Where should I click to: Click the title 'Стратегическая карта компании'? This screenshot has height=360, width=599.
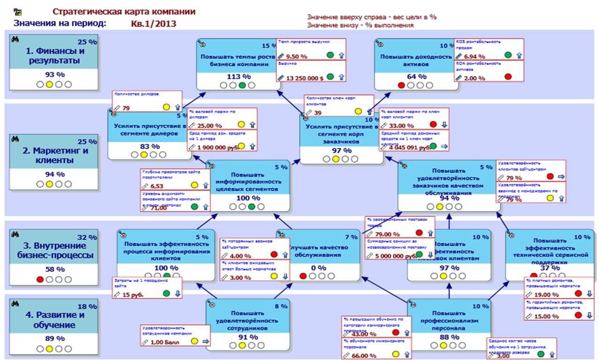click(x=124, y=12)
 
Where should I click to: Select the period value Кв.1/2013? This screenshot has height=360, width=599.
click(x=154, y=23)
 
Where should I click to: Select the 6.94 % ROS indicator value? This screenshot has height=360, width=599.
click(x=474, y=56)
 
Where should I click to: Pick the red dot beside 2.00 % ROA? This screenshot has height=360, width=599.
click(x=508, y=77)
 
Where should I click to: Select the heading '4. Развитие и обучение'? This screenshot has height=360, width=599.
click(x=55, y=320)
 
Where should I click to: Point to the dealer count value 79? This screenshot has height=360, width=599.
click(x=126, y=108)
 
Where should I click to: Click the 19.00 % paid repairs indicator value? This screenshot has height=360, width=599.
click(x=546, y=295)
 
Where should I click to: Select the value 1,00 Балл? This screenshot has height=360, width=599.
click(x=163, y=342)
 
